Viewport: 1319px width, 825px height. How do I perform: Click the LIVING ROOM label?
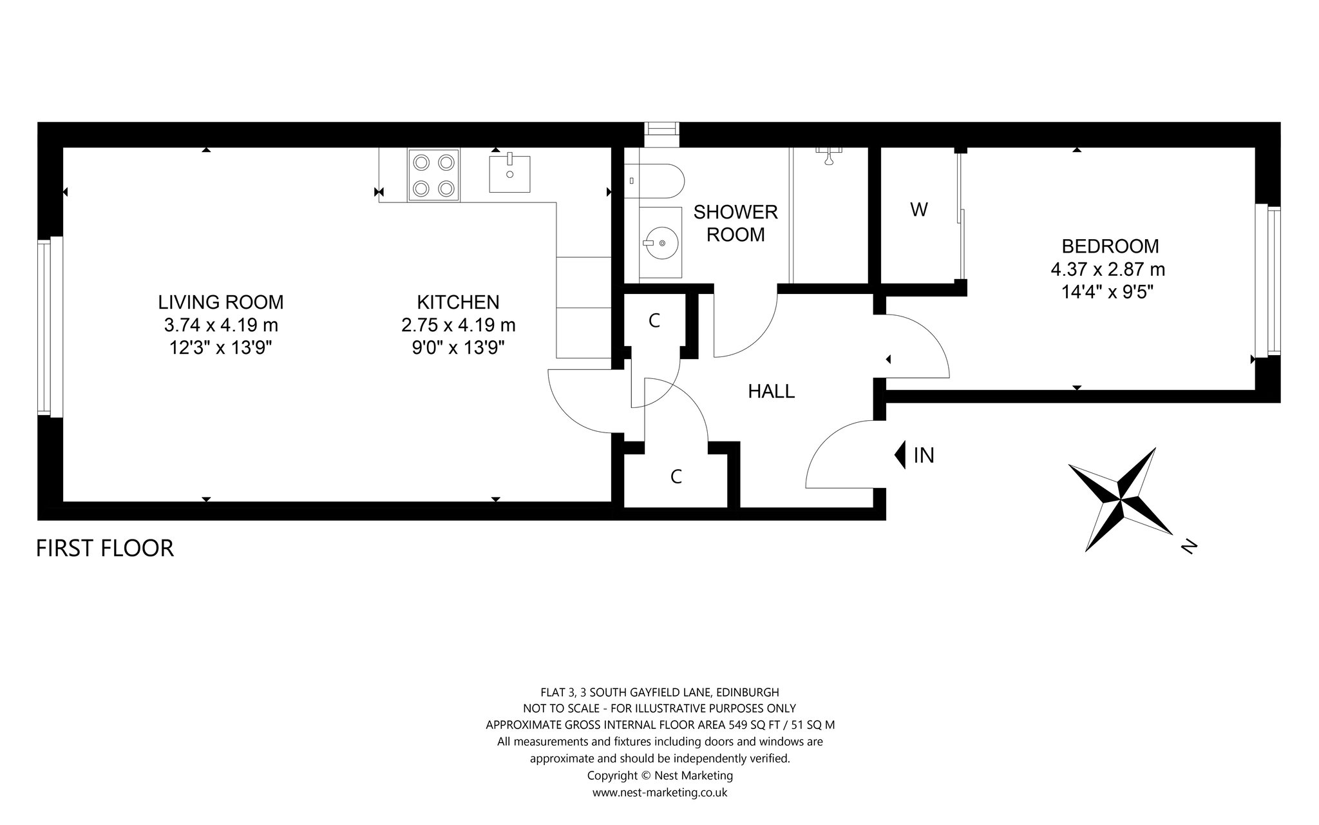pos(221,302)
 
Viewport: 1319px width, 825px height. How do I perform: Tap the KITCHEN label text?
pos(458,302)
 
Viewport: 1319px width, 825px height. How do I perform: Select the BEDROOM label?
pos(1110,246)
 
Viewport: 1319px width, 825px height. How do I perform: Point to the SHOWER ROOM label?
pos(735,223)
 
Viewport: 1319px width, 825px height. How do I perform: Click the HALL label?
pos(771,391)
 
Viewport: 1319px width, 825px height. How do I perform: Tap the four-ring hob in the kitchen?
pos(433,175)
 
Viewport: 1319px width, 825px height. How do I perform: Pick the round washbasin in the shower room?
pos(660,243)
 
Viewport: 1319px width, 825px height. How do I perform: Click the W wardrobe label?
pos(919,209)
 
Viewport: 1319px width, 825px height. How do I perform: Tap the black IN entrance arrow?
pos(900,455)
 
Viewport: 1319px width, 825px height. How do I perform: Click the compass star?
pos(1121,500)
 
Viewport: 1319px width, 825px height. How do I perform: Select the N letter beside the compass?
pos(1189,547)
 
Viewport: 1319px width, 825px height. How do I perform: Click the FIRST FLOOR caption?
pos(105,548)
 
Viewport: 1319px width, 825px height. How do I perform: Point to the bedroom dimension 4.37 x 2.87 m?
pos(1108,269)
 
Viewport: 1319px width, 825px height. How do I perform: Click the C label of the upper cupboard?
pos(654,321)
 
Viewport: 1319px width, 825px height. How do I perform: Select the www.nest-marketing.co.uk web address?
pos(659,793)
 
